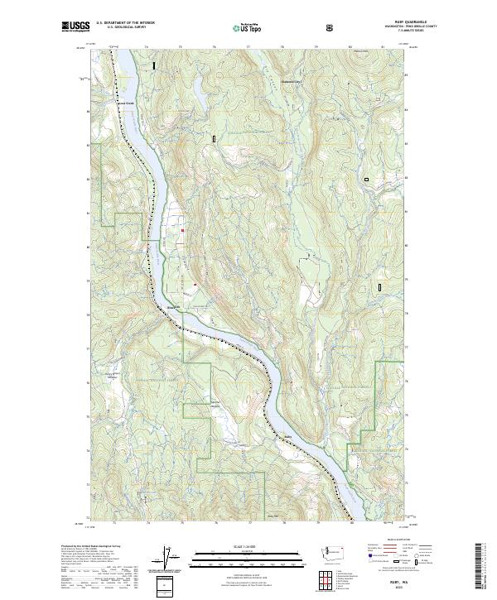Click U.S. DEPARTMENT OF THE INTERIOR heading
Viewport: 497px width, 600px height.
(125, 23)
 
